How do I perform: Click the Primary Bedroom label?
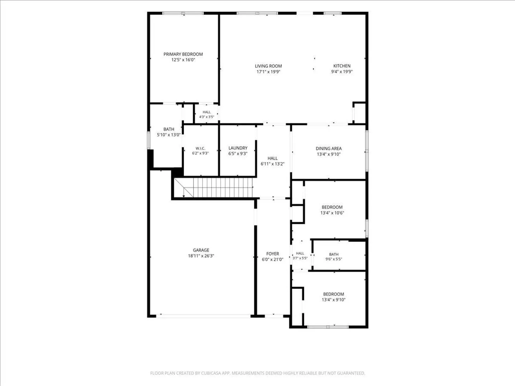click(183, 54)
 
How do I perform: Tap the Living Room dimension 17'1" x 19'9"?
click(269, 72)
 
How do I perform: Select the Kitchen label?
click(342, 66)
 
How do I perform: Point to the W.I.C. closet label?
click(200, 148)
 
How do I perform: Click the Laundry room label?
click(238, 148)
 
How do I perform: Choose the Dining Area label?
click(328, 148)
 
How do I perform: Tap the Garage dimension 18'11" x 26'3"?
click(201, 256)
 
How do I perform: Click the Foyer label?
click(273, 254)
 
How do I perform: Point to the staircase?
click(213, 188)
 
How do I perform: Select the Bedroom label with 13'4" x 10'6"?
click(332, 207)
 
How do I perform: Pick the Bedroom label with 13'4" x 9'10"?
click(333, 294)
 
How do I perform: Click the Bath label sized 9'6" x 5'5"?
click(334, 254)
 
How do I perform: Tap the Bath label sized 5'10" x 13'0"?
click(169, 129)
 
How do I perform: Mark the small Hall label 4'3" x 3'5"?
click(207, 112)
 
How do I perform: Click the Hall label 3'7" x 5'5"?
click(300, 253)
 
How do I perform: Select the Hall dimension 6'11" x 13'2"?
click(273, 164)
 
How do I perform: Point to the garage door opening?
click(203, 316)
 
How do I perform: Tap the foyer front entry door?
click(274, 316)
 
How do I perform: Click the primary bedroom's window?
click(183, 13)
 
